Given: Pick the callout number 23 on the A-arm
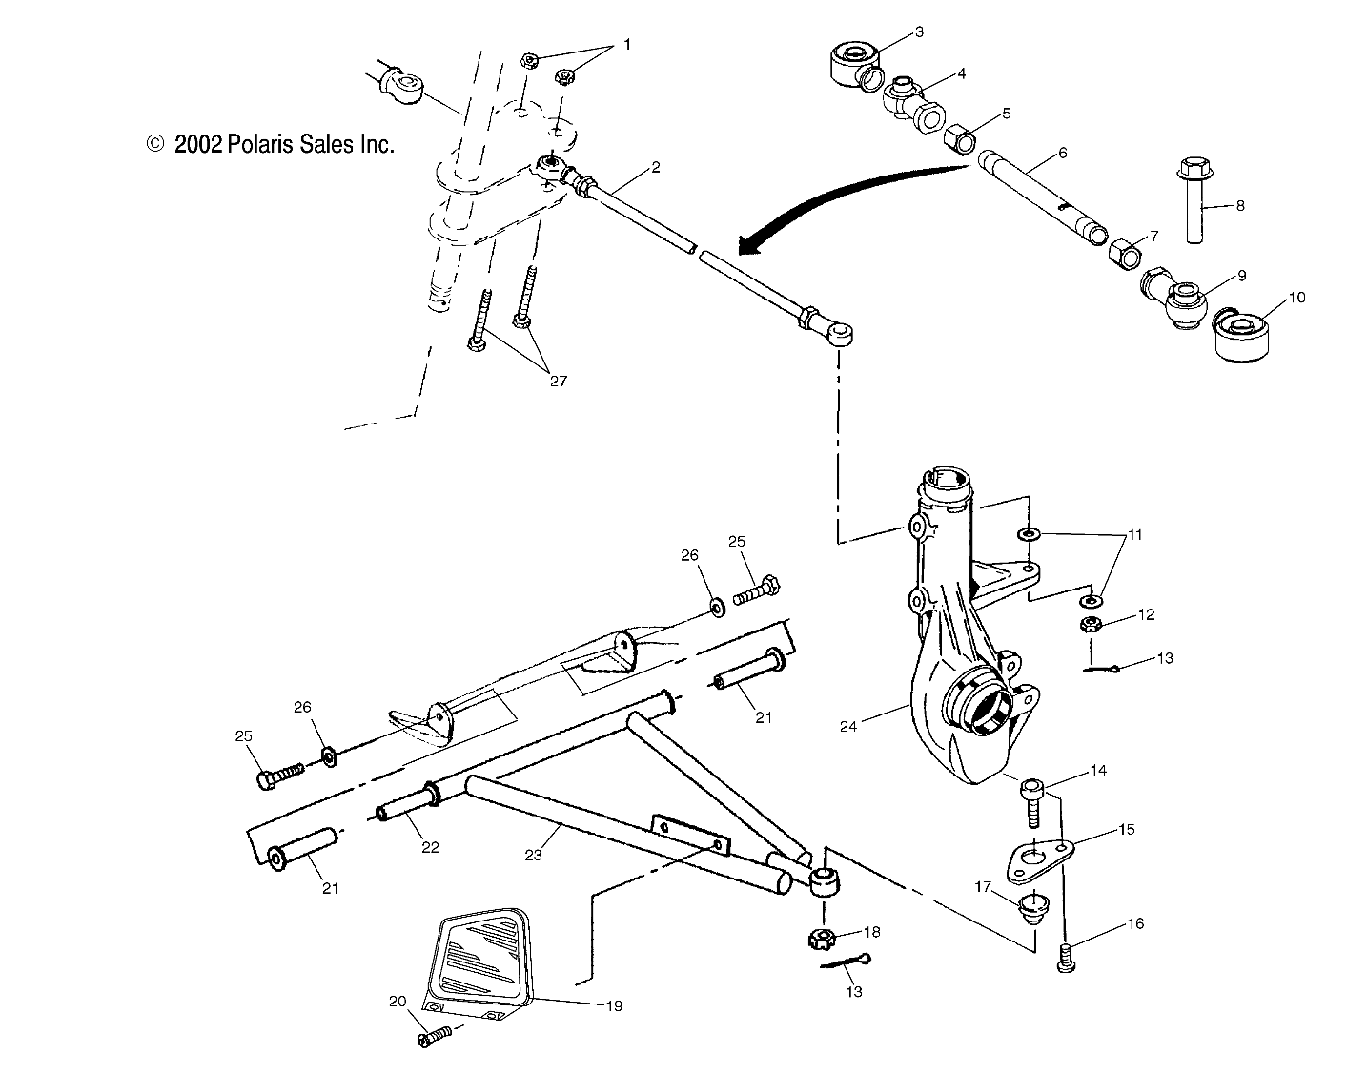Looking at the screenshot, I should click(533, 855).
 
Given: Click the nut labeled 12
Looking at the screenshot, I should click(1091, 626).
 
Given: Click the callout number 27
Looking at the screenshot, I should click(558, 381).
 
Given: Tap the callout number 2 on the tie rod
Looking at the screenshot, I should click(655, 167).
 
